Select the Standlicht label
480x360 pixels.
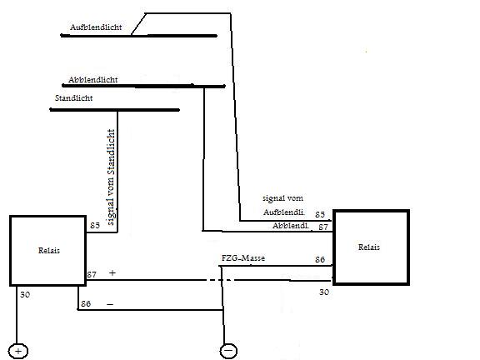tap(73, 98)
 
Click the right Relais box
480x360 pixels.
tap(371, 247)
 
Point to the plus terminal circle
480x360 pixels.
tap(17, 350)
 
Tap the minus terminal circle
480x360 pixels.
tap(227, 350)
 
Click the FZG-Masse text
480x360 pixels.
tap(243, 259)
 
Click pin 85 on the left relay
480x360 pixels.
tap(94, 225)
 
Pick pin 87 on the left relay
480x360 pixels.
tap(92, 274)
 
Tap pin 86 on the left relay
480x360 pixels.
tap(86, 304)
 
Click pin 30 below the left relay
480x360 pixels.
tap(25, 295)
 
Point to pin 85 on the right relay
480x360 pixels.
tap(320, 215)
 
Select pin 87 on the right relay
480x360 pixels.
tap(322, 226)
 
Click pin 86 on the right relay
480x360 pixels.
tap(320, 260)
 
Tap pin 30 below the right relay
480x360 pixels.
tap(325, 292)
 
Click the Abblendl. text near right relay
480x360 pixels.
tap(291, 226)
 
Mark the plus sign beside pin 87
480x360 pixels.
tap(112, 273)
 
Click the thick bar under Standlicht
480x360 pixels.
tap(115, 110)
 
